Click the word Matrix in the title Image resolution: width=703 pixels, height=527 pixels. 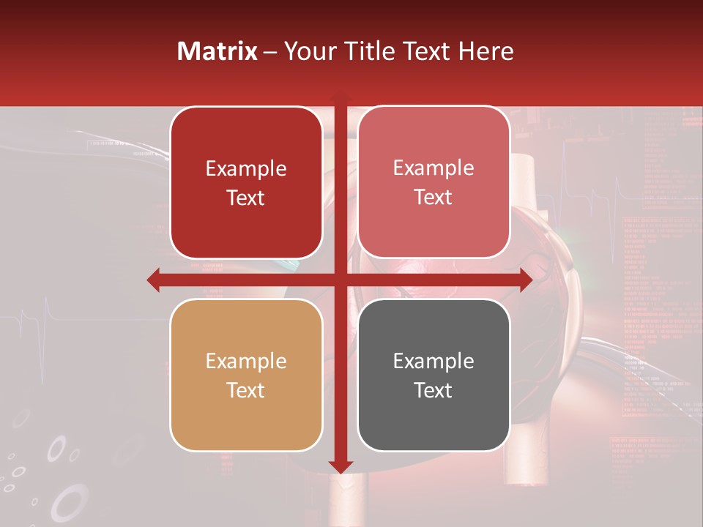pos(217,51)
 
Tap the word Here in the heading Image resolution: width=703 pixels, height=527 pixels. pos(486,51)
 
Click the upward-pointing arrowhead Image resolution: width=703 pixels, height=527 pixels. pos(340,98)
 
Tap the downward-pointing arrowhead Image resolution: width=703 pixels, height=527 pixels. pos(341,466)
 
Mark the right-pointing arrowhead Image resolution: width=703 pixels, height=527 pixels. pos(525,280)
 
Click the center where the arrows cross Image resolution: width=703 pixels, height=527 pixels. pos(340,280)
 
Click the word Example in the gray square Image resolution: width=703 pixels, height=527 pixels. pos(434,361)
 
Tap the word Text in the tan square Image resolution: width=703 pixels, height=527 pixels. pos(246,390)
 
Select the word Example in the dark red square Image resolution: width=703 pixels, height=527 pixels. pos(246,169)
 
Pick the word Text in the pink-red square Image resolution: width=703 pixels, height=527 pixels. pos(434,198)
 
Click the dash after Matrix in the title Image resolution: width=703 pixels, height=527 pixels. pos(270,52)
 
